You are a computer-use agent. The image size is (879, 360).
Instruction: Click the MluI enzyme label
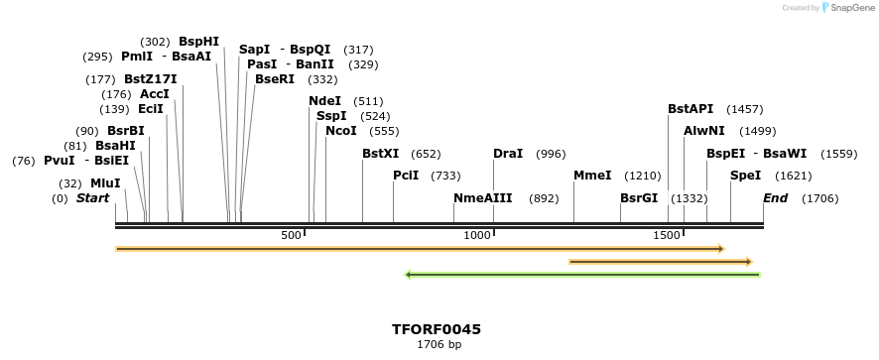105,183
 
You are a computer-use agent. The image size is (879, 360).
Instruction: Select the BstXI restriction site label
380,154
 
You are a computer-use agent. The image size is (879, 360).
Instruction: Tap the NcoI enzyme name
341,131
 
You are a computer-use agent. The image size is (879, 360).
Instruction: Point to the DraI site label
508,154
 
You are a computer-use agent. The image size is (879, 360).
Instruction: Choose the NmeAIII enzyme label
482,198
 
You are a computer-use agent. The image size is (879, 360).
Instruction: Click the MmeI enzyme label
592,176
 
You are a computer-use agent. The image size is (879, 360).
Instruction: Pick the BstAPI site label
691,109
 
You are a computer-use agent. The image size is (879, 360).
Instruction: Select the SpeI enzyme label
745,176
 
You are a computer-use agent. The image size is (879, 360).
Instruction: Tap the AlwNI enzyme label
703,131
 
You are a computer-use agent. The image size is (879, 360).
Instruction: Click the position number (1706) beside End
819,198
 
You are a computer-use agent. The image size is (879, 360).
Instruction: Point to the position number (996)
550,154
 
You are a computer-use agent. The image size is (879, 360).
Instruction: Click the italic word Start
92,198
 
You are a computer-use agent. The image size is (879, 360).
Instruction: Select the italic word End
775,198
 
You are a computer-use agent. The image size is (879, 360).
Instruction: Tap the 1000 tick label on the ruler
478,235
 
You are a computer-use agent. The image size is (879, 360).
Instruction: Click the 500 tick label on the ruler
291,235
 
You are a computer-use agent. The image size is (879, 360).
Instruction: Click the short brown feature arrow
661,262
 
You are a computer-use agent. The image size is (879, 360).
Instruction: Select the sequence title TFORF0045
437,329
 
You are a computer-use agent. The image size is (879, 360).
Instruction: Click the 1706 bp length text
438,345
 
